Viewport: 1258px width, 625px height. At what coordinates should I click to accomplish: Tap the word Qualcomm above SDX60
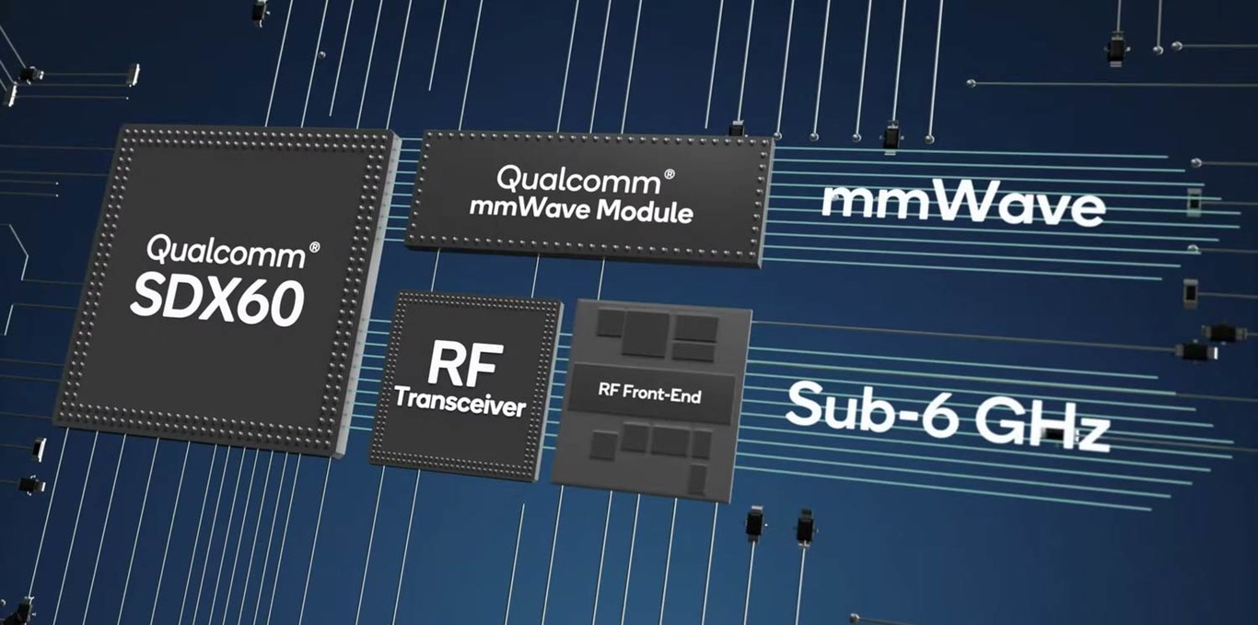[225, 250]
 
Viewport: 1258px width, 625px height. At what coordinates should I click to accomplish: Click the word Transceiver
[460, 403]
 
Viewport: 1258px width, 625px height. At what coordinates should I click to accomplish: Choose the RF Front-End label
[649, 395]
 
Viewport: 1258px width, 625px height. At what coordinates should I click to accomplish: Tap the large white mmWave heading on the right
[961, 205]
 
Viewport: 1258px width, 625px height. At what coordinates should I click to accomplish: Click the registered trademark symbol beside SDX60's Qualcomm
[314, 247]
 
